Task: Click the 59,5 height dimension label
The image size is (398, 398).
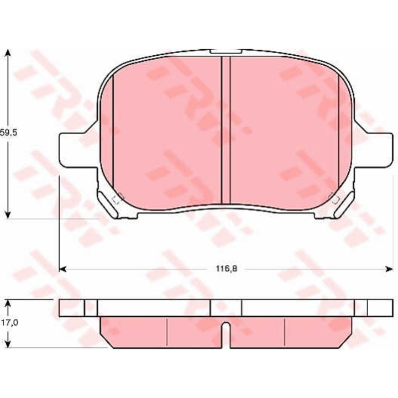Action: pos(8,133)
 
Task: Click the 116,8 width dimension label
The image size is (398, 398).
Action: pos(227,269)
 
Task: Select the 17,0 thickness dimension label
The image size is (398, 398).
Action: pos(9,323)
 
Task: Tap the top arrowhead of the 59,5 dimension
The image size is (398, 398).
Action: pos(8,53)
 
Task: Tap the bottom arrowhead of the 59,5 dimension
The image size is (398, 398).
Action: pos(8,214)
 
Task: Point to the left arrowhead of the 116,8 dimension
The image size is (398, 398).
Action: pos(62,269)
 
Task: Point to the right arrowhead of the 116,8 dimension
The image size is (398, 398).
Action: pos(389,269)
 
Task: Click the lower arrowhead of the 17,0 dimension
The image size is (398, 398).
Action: pos(8,344)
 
